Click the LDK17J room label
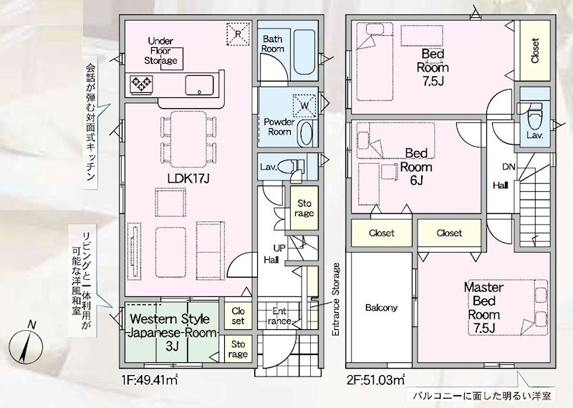tap(188, 179)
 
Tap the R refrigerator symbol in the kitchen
tap(238, 34)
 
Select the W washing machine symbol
tap(304, 105)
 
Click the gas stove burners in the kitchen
tap(141, 84)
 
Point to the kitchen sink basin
tap(199, 85)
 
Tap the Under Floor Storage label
tap(160, 51)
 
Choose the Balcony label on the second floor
tap(381, 308)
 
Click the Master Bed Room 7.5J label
tap(483, 308)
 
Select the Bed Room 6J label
tap(416, 167)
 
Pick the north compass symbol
tap(26, 344)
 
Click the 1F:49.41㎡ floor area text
tap(150, 381)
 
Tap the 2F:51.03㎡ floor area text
tap(375, 381)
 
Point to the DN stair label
tap(509, 167)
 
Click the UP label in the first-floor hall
tap(279, 248)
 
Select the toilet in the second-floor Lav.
tap(534, 116)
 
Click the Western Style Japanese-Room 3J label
tap(171, 332)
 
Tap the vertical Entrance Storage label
tap(336, 299)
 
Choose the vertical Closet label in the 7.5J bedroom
tap(534, 51)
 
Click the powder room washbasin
tap(306, 133)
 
